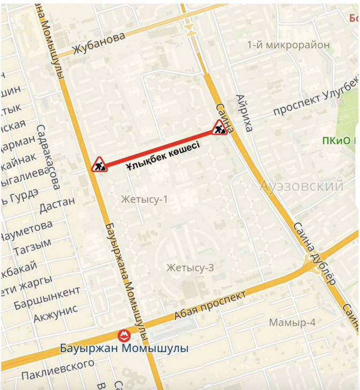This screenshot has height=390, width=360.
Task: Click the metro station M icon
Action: (124, 336)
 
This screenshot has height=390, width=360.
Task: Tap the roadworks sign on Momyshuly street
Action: (98, 165)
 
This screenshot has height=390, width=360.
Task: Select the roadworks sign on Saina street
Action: (220, 128)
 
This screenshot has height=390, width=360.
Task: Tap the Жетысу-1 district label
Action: (144, 200)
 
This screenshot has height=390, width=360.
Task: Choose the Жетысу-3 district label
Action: (190, 268)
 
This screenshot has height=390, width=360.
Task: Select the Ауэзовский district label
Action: (301, 186)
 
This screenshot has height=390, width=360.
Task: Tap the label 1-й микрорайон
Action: (288, 45)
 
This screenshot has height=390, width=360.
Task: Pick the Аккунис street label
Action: (56, 313)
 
